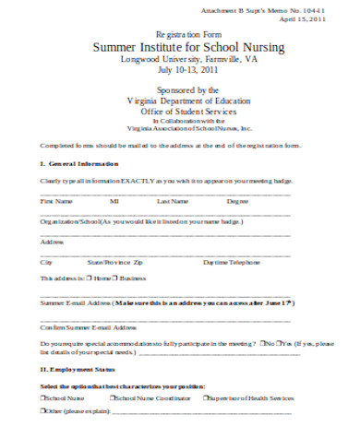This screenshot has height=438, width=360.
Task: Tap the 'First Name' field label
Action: [x=56, y=200]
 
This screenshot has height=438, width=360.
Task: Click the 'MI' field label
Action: [x=114, y=200]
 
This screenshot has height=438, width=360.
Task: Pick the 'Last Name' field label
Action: [x=173, y=200]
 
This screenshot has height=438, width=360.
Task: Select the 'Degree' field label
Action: [x=237, y=200]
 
